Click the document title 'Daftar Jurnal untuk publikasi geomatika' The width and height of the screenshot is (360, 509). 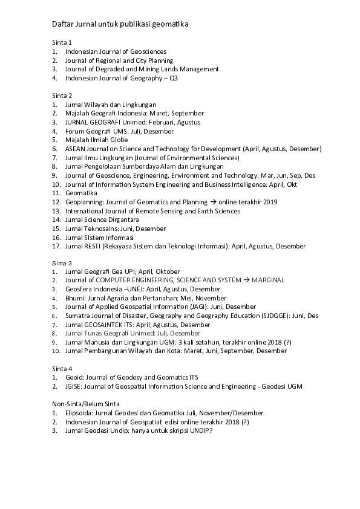pos(120,24)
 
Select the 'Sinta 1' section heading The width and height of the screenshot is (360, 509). pos(62,43)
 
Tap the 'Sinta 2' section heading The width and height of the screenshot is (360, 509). pos(62,96)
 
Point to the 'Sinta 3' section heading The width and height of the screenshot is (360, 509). pos(62,263)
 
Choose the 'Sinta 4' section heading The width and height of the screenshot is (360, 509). pos(62,369)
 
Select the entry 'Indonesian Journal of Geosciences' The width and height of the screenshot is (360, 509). pos(116,52)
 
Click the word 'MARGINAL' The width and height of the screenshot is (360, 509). pos(268,280)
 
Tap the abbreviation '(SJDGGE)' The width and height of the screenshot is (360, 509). pos(296,316)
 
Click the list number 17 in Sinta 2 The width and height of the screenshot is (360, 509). pos(55,246)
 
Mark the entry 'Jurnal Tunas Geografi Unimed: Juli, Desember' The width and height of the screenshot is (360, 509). pos(133,333)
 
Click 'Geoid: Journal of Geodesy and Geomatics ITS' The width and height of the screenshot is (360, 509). pos(132,377)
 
